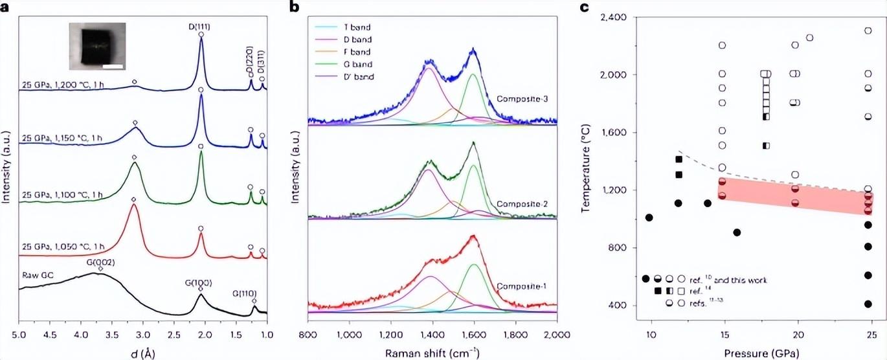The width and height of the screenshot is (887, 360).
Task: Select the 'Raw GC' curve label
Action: pos(37,275)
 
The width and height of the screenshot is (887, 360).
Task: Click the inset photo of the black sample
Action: pos(97,47)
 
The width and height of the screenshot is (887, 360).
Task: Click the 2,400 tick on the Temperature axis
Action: pos(623,17)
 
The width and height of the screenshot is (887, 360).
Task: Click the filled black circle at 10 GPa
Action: pos(649,218)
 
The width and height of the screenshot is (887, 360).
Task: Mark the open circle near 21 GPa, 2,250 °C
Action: pos(809,38)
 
